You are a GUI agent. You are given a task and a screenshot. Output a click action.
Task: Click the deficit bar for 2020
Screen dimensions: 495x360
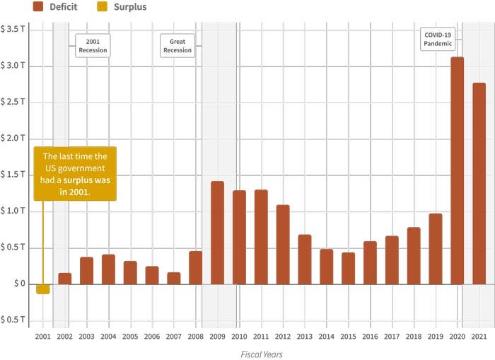coord(457,170)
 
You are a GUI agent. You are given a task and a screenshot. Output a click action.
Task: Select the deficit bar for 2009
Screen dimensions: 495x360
coord(218,233)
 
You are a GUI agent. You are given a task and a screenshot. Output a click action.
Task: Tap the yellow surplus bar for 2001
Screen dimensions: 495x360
coord(43,289)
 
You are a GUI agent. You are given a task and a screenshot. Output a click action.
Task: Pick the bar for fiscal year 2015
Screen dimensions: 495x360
coord(348,269)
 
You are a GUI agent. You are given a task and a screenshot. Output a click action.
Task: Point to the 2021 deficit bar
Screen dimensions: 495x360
coord(479,183)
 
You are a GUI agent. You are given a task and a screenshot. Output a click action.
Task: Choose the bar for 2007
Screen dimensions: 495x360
coord(174,278)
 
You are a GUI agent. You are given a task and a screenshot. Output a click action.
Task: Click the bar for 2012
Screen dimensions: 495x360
coord(283,245)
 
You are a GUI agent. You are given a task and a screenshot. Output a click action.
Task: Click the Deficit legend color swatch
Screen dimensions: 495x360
coord(38,6)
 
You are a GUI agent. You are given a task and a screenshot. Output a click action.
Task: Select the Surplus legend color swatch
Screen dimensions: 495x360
coord(102,6)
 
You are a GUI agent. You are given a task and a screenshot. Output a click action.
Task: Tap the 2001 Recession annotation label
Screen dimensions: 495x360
coord(93,46)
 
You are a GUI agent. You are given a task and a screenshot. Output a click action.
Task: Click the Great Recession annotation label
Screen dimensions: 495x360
coord(177,46)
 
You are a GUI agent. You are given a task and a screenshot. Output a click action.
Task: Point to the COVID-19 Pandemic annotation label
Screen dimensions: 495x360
coord(438,39)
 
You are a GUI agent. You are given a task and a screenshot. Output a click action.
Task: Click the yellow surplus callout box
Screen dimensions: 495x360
coord(75,174)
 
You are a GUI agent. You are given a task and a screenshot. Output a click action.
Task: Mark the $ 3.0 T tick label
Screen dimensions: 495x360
coord(13,65)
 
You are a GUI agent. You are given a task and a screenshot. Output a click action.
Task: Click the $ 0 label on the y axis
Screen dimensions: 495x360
coord(19,284)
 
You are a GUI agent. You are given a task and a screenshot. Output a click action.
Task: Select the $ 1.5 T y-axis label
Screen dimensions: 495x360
coord(13,174)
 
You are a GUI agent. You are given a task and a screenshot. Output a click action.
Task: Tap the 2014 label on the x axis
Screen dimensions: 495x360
coord(327,337)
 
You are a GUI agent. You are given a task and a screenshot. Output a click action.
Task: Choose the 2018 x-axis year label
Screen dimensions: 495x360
coord(414,337)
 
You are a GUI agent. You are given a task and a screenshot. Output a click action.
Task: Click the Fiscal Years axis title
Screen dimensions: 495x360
coord(262,354)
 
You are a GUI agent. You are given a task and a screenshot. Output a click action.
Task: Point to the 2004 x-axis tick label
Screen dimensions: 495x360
coord(108,337)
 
